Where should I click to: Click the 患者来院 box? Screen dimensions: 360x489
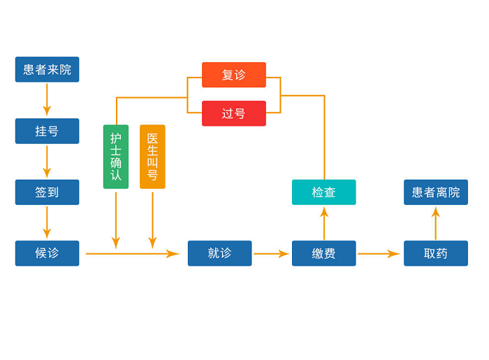tap(47, 69)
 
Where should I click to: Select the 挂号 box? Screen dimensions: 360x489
tap(47, 131)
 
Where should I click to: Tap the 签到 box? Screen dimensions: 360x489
tap(47, 192)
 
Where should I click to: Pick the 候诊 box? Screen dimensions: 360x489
tap(47, 253)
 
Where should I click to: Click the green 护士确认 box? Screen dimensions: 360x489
tap(116, 157)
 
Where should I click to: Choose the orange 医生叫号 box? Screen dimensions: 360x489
tap(152, 157)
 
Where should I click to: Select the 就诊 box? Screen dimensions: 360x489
tap(219, 253)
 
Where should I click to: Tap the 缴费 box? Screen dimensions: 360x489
tap(323, 253)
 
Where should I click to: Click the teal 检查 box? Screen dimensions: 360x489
tap(323, 192)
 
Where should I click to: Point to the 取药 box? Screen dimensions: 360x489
tap(435, 253)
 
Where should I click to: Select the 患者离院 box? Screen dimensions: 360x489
tap(435, 192)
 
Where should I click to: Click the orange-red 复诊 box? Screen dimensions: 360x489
tap(234, 75)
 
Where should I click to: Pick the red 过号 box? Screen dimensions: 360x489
tap(234, 113)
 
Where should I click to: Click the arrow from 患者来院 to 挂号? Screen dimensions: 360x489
tap(47, 100)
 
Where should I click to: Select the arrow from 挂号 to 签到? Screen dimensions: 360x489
tap(47, 161)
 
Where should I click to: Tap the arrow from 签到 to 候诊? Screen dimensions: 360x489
tap(47, 223)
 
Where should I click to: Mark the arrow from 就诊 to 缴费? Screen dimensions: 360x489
tap(272, 254)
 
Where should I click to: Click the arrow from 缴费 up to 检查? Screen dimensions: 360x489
tap(323, 223)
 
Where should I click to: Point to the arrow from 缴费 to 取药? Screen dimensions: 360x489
tap(379, 254)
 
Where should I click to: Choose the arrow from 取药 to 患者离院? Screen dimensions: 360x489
tap(435, 223)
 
